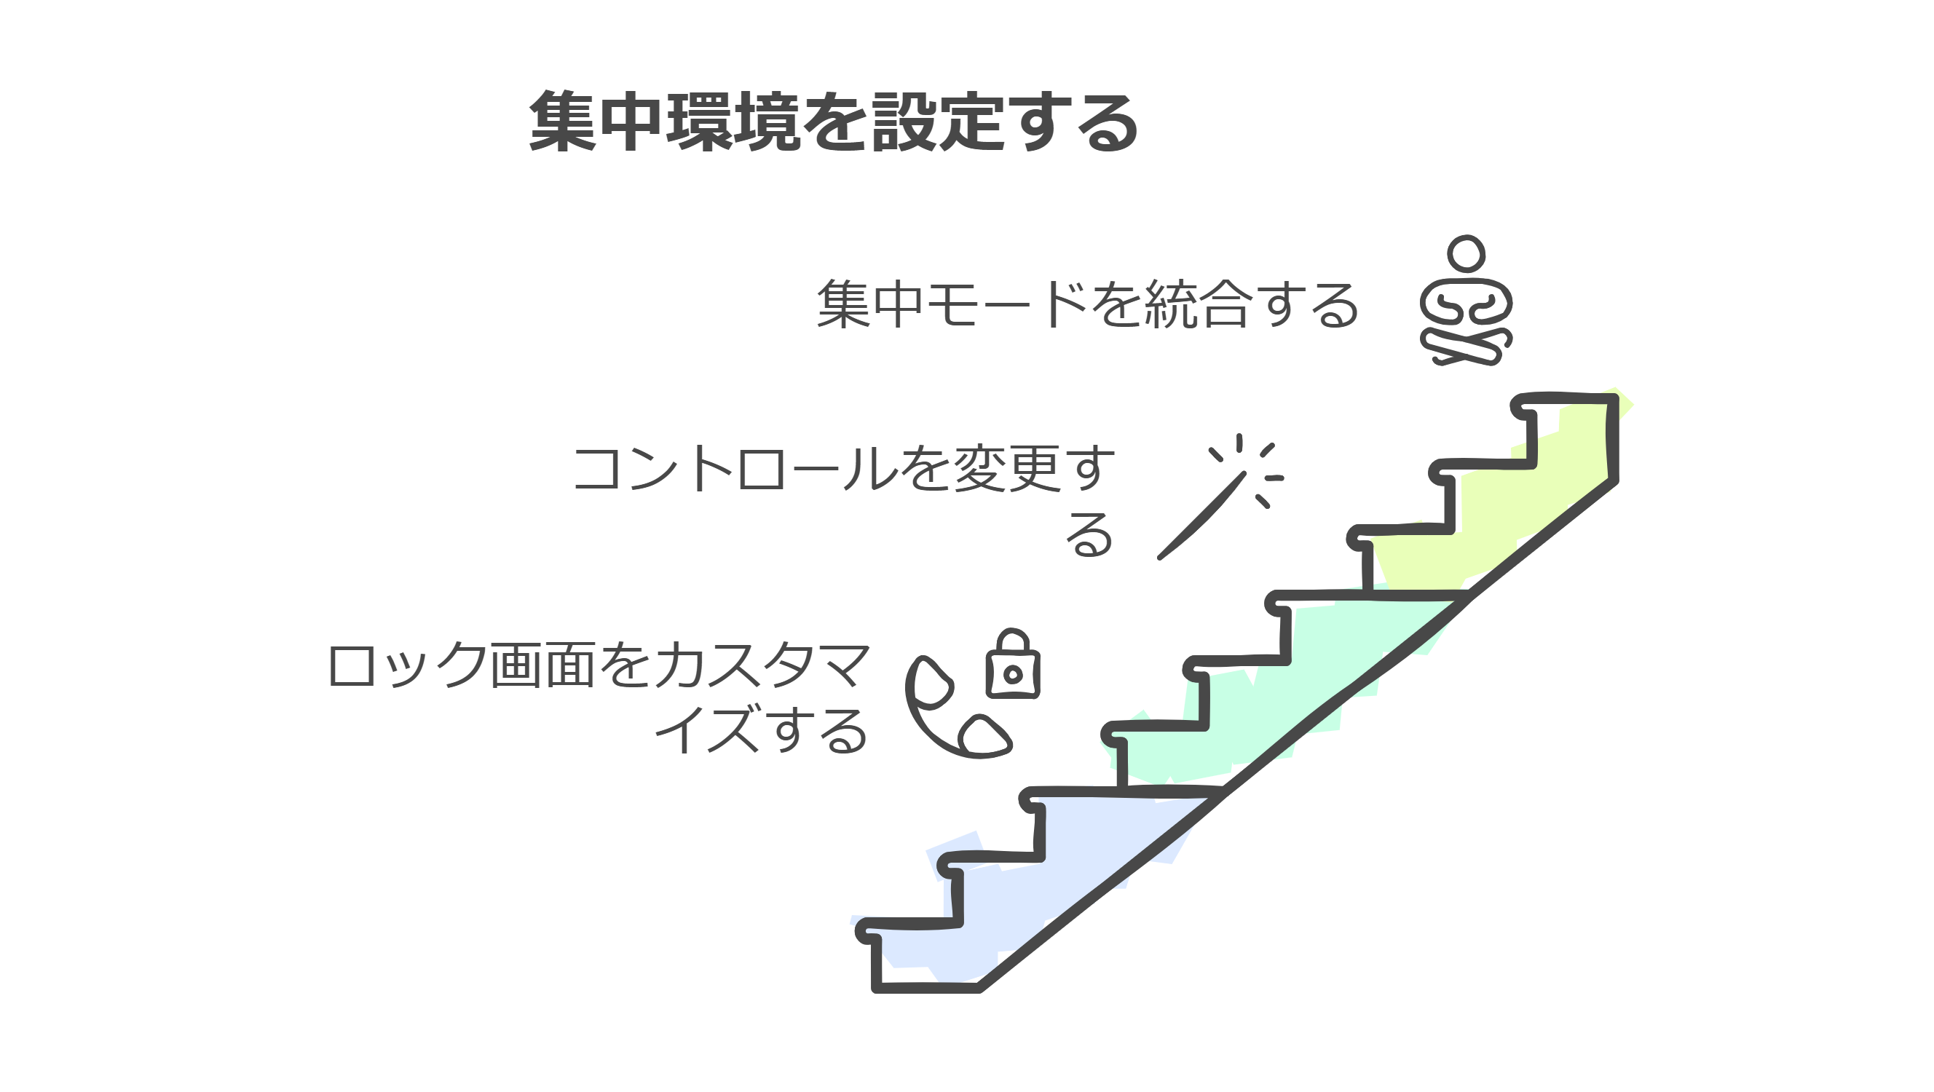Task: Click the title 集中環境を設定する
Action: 833,122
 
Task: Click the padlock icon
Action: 1012,665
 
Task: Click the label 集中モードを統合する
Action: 1087,305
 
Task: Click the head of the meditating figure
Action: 1467,253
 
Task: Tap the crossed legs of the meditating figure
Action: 1466,347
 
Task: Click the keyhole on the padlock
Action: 1012,674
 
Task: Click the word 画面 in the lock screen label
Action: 542,665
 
